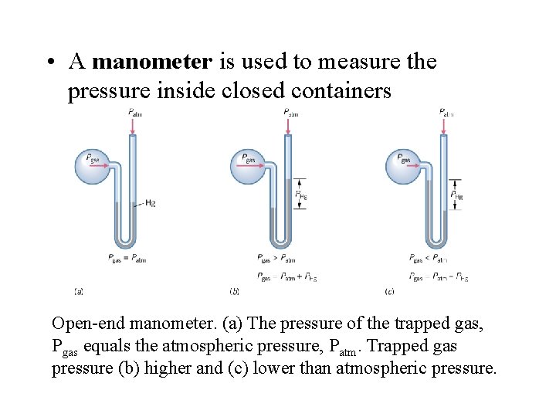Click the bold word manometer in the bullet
tap(151, 62)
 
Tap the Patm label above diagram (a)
tap(135, 113)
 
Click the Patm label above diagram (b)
tap(291, 113)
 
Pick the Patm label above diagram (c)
tap(446, 113)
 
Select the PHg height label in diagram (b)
tap(303, 195)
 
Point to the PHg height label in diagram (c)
tap(457, 195)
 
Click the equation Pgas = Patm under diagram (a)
tap(128, 258)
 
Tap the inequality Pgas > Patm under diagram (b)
tap(277, 258)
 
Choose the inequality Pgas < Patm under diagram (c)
tap(429, 258)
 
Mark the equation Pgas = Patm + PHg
tap(286, 276)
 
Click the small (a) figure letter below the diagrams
tap(78, 291)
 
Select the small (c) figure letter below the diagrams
tap(388, 291)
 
